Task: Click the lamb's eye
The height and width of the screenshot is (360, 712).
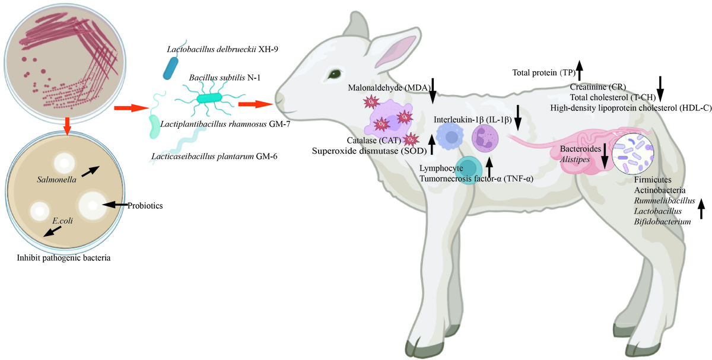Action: [x=336, y=74]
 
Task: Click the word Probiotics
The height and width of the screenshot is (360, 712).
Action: [x=145, y=206]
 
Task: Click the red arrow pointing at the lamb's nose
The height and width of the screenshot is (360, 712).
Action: [x=255, y=104]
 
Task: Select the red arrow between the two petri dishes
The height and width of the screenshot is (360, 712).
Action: [x=68, y=125]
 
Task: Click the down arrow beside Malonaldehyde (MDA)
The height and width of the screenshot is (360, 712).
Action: [x=433, y=89]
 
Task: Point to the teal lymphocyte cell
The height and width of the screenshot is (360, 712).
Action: [x=469, y=169]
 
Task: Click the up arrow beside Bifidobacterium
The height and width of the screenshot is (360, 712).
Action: [x=701, y=209]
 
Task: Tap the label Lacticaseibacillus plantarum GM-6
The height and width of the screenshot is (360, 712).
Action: [x=215, y=156]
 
